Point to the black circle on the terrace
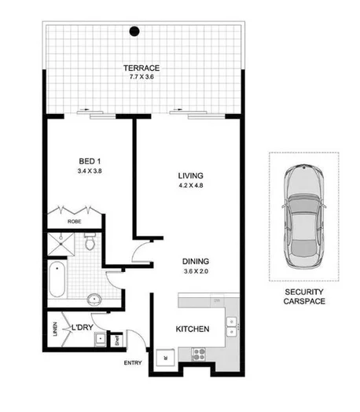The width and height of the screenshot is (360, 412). pyautogui.click(x=134, y=32)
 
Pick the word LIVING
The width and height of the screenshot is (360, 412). pyautogui.click(x=189, y=175)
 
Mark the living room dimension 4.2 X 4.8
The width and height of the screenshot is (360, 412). pyautogui.click(x=189, y=187)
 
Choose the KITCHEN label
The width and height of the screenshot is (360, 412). pyautogui.click(x=192, y=329)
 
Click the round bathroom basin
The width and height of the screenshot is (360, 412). pyautogui.click(x=94, y=300)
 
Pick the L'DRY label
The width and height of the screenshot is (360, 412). pyautogui.click(x=83, y=325)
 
